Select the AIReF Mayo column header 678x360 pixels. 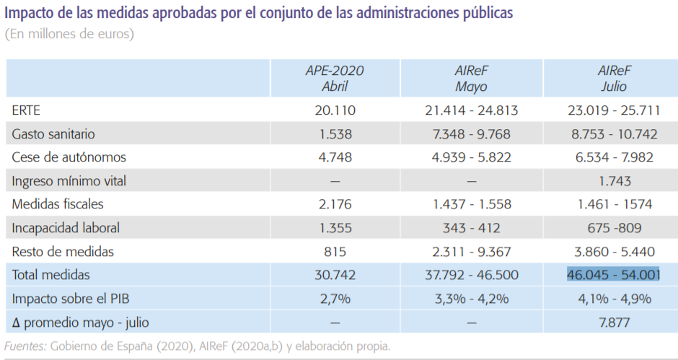[471, 79]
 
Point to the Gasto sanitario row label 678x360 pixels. [53, 134]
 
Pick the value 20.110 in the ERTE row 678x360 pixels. [334, 111]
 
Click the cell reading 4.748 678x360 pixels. [334, 158]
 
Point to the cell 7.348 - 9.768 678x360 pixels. [471, 134]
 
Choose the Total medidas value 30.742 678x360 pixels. [334, 275]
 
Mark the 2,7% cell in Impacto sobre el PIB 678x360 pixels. [334, 299]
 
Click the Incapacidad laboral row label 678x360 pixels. [66, 228]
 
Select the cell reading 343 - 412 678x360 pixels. [471, 228]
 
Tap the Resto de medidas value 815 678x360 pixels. [334, 252]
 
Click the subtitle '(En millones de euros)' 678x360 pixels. [69, 34]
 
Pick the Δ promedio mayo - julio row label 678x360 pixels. [80, 322]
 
